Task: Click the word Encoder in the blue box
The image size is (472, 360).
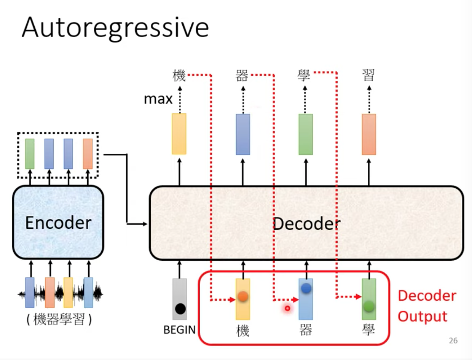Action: pyautogui.click(x=58, y=223)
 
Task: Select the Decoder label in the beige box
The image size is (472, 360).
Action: pyautogui.click(x=307, y=223)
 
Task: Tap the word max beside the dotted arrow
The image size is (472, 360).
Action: pyautogui.click(x=158, y=99)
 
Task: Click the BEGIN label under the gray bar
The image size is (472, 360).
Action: pyautogui.click(x=179, y=330)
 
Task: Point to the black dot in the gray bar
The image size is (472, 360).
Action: pyautogui.click(x=180, y=309)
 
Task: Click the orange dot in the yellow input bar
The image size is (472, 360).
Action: pyautogui.click(x=243, y=296)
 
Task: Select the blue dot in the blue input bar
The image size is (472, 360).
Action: pyautogui.click(x=306, y=288)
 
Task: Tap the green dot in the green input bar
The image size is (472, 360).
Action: pyautogui.click(x=369, y=306)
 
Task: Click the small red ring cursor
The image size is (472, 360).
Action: pyautogui.click(x=287, y=308)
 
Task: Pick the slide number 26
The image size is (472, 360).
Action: pyautogui.click(x=453, y=341)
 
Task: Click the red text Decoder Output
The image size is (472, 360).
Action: pyautogui.click(x=427, y=306)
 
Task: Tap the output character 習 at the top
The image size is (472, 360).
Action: pyautogui.click(x=368, y=75)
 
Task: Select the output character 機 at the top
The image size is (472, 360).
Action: pyautogui.click(x=179, y=75)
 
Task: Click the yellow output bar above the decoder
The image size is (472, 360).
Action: pyautogui.click(x=179, y=134)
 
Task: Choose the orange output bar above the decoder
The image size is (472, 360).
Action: pyautogui.click(x=369, y=134)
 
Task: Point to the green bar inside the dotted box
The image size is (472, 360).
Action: pyautogui.click(x=30, y=154)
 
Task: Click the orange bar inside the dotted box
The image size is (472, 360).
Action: pyautogui.click(x=88, y=154)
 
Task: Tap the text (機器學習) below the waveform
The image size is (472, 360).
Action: pyautogui.click(x=59, y=319)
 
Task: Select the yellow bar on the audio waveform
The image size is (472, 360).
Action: pyautogui.click(x=68, y=293)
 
